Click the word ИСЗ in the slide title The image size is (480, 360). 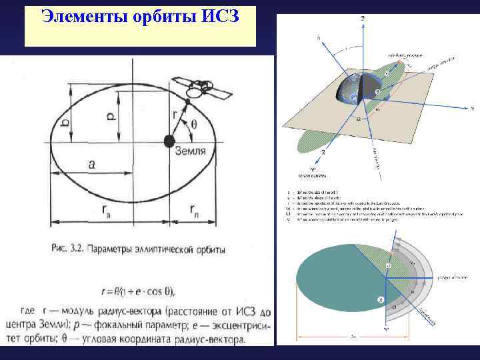(219, 15)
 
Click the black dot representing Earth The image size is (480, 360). (169, 141)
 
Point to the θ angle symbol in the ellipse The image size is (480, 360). (194, 124)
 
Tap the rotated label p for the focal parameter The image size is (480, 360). (111, 116)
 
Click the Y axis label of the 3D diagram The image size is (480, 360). (472, 107)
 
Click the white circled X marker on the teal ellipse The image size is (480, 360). (381, 301)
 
